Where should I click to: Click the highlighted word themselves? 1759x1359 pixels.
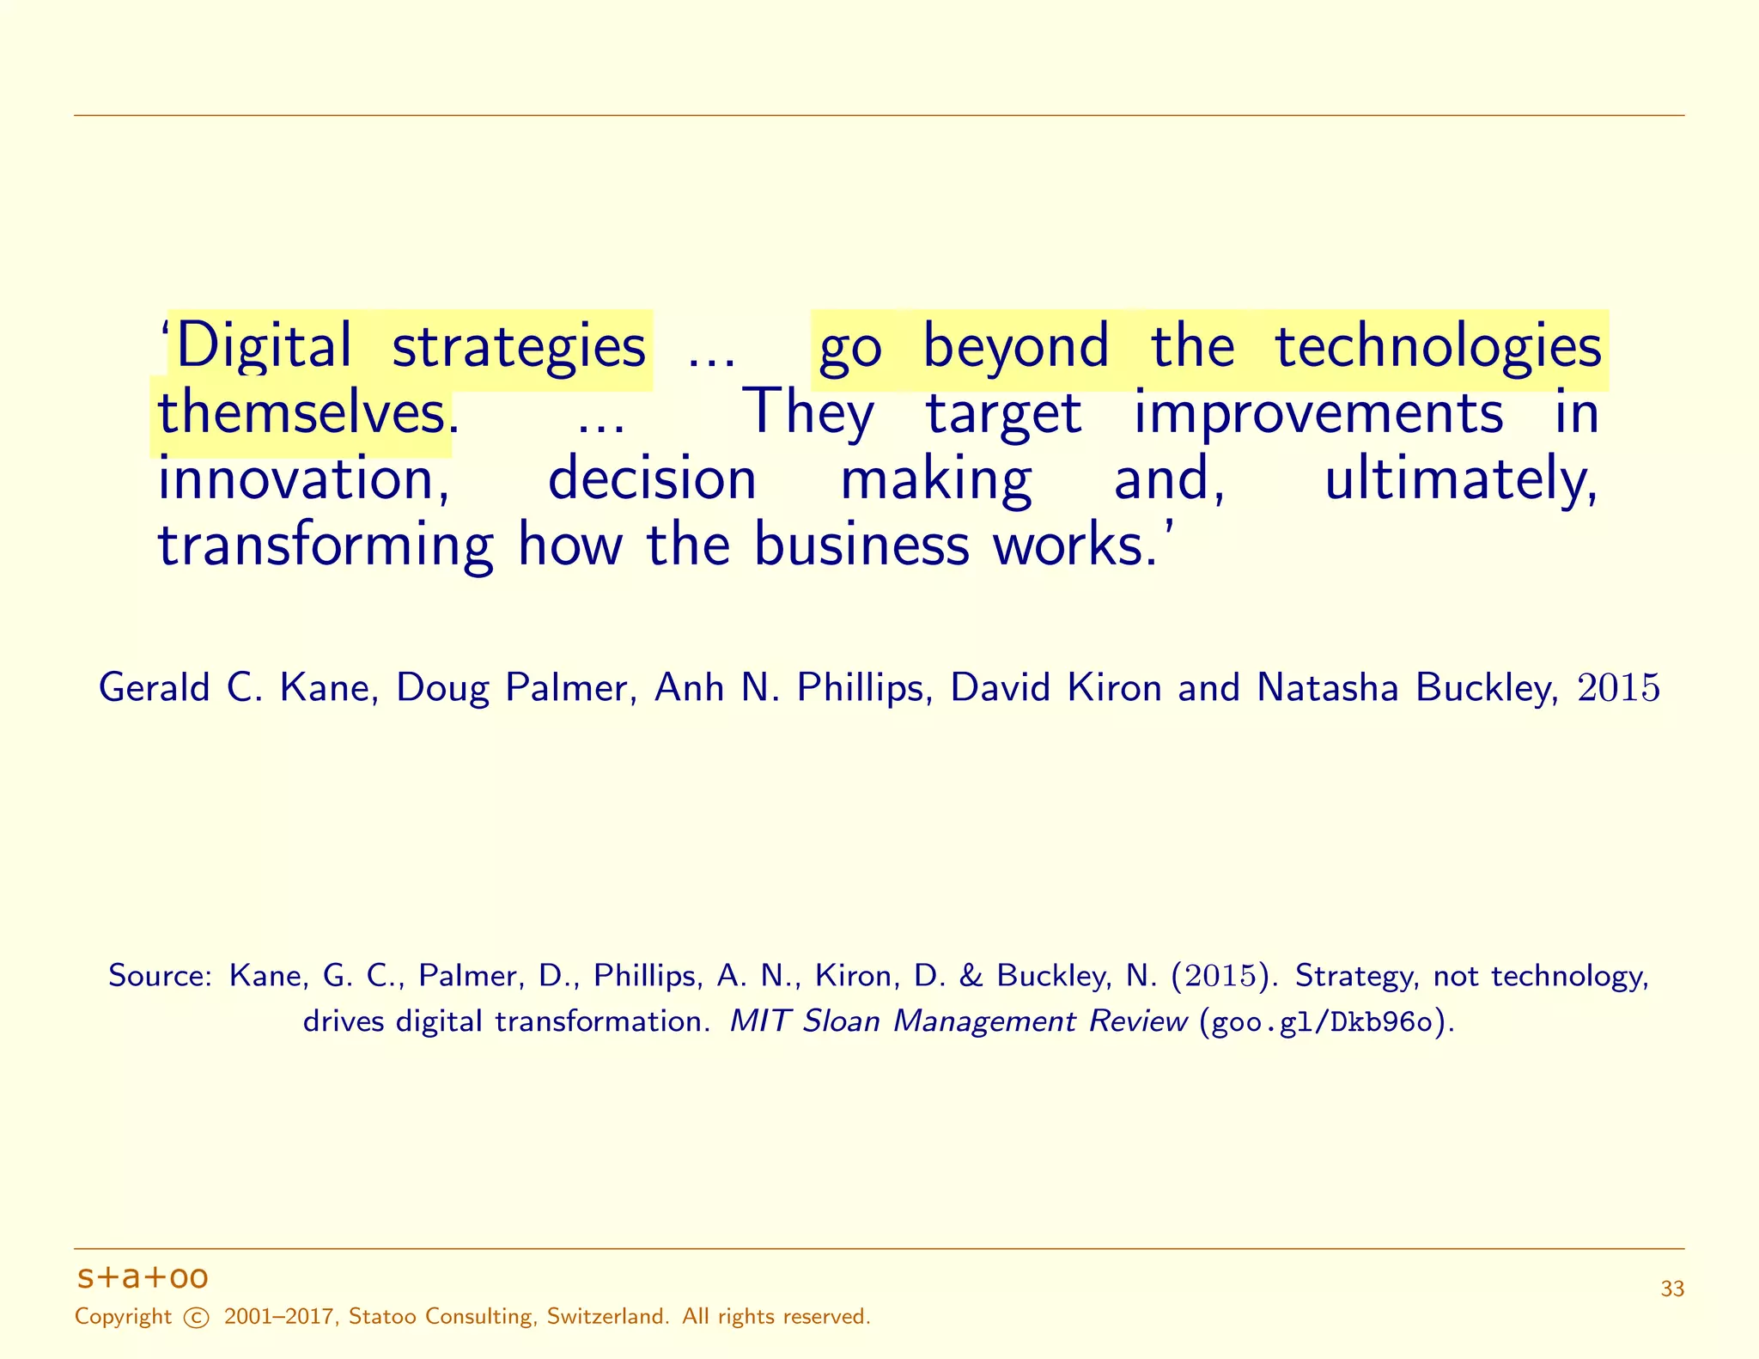301,413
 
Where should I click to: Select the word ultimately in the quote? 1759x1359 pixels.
1460,479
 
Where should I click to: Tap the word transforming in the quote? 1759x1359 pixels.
326,545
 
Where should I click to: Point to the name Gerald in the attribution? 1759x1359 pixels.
154,688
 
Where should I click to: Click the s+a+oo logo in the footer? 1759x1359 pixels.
143,1277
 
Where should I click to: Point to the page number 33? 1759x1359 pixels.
1672,1289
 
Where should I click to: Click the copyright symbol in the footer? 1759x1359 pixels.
197,1318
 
